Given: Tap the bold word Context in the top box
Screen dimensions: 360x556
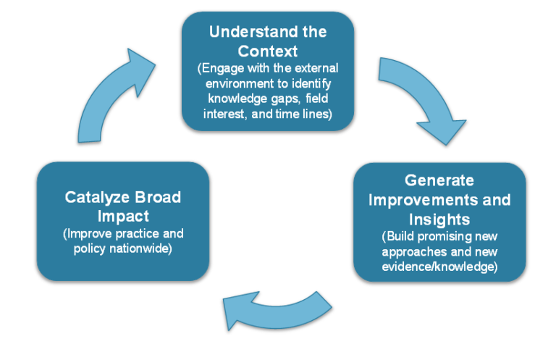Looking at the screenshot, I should pos(268,52).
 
